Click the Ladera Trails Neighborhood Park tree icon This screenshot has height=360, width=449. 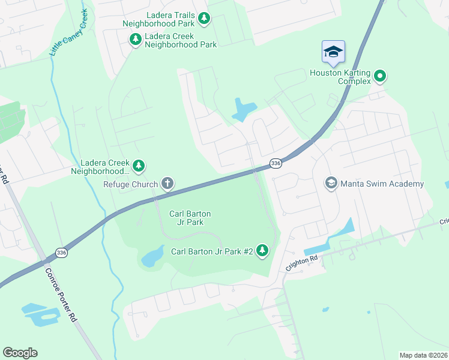204,19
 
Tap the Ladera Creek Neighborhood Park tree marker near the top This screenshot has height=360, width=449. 136,40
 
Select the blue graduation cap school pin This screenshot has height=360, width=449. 333,52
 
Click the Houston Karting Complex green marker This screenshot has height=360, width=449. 379,76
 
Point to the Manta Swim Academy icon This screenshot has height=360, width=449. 331,183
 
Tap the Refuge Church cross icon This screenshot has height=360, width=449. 167,184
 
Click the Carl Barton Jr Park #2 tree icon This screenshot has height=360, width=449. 262,250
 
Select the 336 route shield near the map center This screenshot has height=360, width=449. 276,163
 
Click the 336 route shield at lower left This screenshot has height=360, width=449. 62,253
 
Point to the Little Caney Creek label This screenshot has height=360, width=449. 69,34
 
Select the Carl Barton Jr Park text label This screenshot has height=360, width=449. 190,218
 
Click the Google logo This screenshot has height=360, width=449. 20,353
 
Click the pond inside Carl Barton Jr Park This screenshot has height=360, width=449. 152,256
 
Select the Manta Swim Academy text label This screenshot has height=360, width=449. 382,184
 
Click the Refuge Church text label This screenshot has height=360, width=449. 130,184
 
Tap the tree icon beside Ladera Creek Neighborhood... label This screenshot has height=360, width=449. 139,164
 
